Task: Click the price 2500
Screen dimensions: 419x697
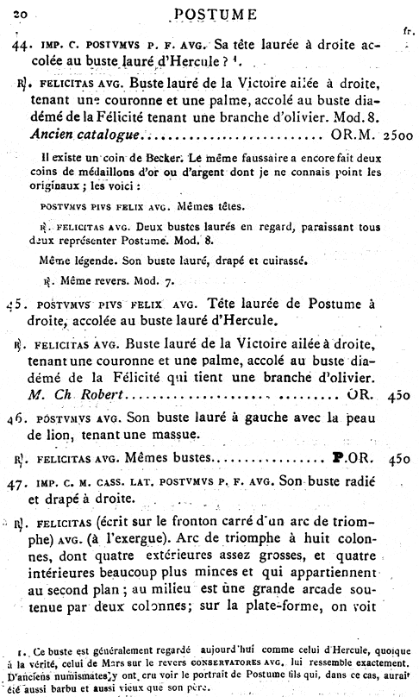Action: [x=397, y=135]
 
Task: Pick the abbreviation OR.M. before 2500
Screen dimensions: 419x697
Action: [x=348, y=135]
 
